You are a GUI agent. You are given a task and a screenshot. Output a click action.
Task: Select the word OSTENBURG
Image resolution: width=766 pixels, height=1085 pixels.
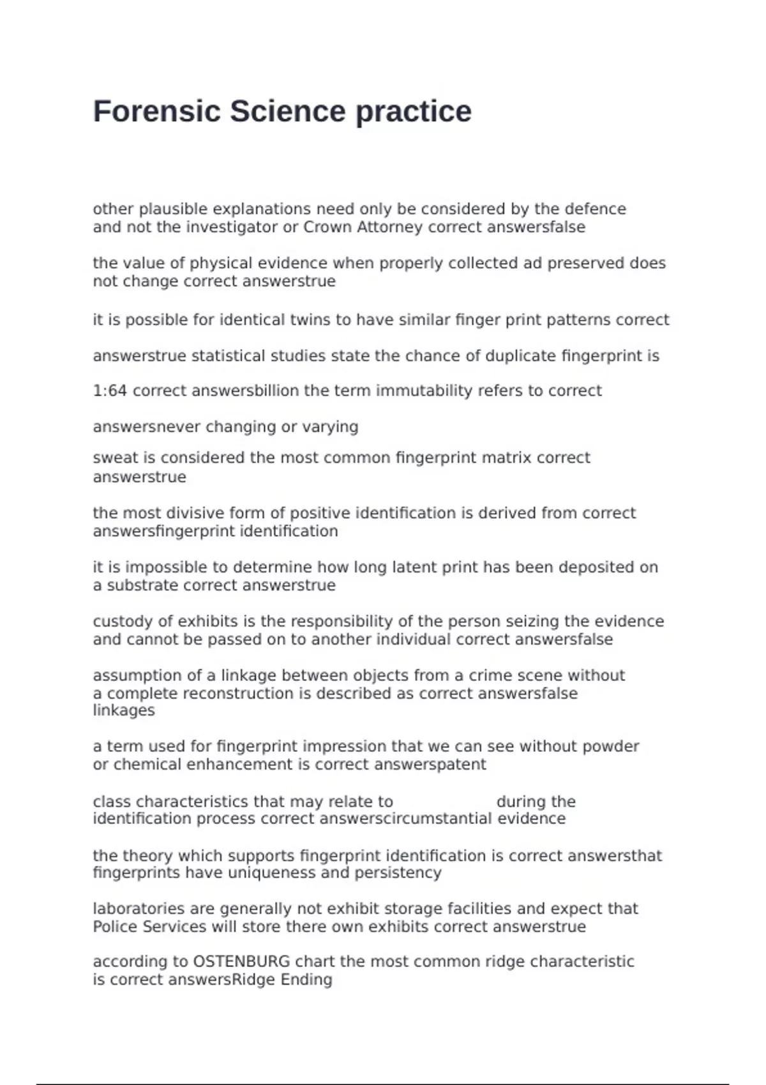(x=241, y=961)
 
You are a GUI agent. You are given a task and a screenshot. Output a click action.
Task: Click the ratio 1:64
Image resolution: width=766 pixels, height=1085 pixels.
(x=110, y=391)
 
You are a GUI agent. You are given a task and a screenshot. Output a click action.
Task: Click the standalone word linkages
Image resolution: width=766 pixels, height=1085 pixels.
(x=124, y=710)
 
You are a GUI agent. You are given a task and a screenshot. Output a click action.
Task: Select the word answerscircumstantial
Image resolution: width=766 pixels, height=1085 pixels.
(x=405, y=819)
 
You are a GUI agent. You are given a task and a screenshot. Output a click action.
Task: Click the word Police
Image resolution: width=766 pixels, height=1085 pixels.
(x=114, y=927)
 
